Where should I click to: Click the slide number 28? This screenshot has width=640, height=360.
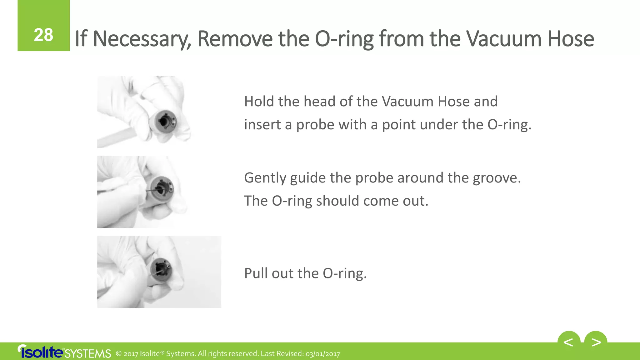43,35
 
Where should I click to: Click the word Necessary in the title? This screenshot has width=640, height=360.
142,39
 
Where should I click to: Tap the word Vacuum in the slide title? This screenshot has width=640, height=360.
503,39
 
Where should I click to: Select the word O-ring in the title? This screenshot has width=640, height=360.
344,39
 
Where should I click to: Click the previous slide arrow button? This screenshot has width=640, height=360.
568,342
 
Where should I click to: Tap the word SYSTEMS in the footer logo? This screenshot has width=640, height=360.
88,354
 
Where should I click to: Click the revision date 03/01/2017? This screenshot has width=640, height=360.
322,354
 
